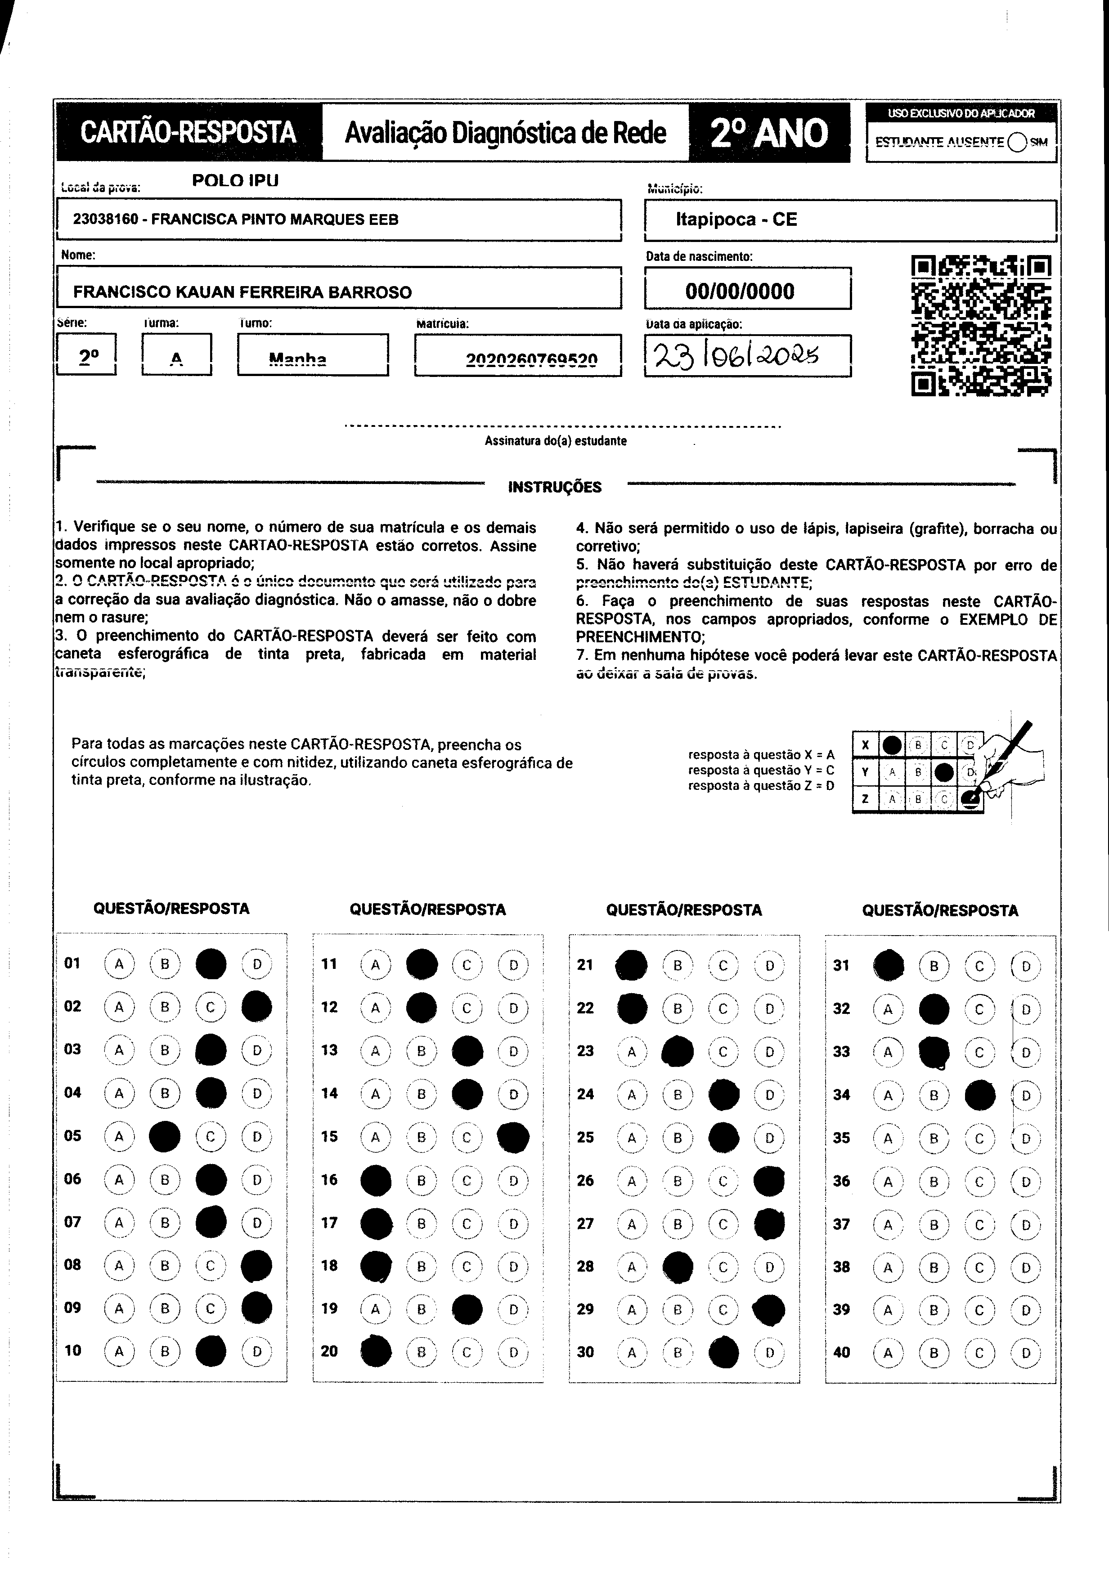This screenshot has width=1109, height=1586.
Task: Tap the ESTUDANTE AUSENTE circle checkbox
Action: [x=1017, y=142]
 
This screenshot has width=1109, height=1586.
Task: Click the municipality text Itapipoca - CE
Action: [x=736, y=220]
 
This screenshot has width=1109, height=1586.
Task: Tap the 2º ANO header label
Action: [x=768, y=133]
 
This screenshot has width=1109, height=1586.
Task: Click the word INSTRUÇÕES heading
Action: [x=555, y=487]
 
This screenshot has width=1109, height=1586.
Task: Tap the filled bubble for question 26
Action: [x=769, y=1181]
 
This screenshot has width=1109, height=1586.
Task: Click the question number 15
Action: [x=330, y=1136]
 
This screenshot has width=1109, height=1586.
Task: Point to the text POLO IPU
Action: [x=235, y=181]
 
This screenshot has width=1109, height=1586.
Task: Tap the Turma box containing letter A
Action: [x=176, y=354]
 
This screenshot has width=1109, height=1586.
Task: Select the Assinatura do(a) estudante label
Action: [x=556, y=441]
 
